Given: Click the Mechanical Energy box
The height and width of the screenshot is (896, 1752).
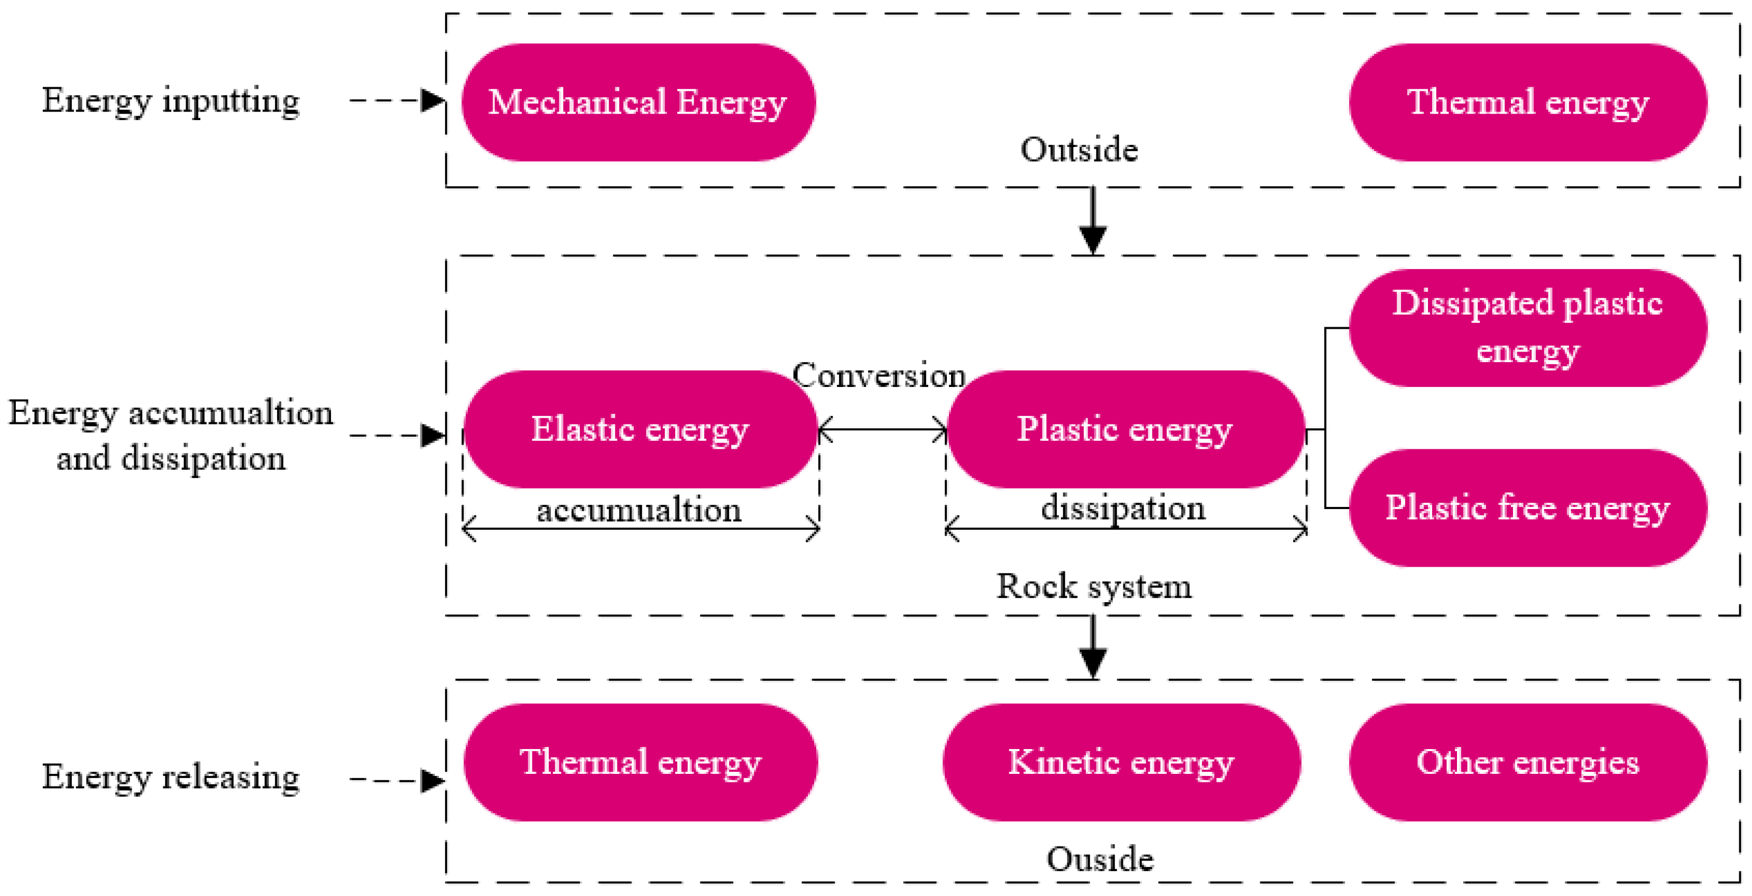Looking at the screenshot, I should [x=638, y=102].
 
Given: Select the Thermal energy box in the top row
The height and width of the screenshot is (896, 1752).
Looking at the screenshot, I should [x=1527, y=102].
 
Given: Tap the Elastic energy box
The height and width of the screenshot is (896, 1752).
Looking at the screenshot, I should [x=639, y=429].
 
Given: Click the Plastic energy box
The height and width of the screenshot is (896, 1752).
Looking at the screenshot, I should [x=1125, y=429].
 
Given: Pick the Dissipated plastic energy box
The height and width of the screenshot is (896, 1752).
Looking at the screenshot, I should [x=1527, y=328].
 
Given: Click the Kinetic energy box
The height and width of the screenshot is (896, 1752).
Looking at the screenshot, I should [x=1121, y=762].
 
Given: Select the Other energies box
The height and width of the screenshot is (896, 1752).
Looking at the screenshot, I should [x=1527, y=762].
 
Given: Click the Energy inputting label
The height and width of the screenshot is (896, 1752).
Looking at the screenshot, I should [x=170, y=100].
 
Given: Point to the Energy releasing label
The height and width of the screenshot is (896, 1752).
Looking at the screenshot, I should [x=170, y=777].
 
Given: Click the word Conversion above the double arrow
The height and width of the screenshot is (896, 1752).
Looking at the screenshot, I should [x=879, y=375].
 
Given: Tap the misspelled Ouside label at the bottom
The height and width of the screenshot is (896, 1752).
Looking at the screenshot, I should [x=1100, y=860].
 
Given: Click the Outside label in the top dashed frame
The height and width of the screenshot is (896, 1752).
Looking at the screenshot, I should [x=1078, y=150].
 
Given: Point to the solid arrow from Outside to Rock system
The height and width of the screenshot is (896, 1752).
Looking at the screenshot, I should [x=1093, y=221].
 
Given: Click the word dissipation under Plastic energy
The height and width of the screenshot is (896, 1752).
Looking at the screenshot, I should [x=1123, y=508].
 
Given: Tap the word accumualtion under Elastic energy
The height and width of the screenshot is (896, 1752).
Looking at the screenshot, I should [x=639, y=510].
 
